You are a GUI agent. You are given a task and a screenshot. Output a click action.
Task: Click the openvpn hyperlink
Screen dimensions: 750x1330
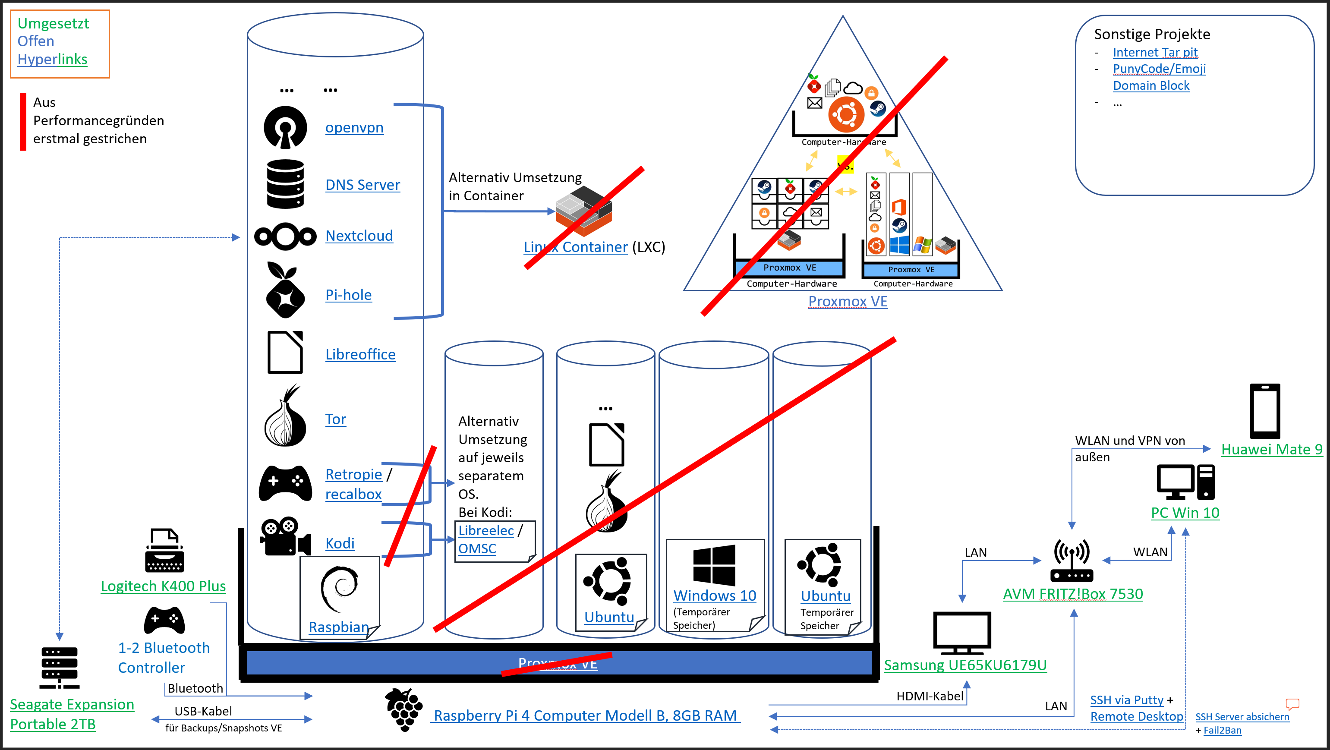[x=354, y=127]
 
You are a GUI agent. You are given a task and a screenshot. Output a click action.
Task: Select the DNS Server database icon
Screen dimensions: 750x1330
[x=285, y=184]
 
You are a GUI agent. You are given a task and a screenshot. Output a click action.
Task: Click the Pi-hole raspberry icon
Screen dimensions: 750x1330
[x=284, y=290]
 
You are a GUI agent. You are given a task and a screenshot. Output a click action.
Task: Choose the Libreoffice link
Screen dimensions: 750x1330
[x=360, y=355]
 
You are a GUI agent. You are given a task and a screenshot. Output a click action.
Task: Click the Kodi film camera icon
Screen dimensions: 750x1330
[x=285, y=537]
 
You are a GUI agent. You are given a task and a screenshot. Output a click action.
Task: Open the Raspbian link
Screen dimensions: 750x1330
[x=338, y=627]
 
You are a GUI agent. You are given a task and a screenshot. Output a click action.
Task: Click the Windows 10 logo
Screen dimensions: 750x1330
[x=714, y=565]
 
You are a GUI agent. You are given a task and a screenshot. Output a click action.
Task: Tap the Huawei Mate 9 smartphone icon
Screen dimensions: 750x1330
[x=1264, y=411]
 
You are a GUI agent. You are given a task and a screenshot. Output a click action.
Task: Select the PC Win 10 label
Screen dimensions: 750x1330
[x=1185, y=513]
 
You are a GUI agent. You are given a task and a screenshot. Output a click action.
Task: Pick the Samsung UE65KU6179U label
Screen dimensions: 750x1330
[x=965, y=665]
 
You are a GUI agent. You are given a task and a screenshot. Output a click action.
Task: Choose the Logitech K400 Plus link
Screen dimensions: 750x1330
[x=163, y=586]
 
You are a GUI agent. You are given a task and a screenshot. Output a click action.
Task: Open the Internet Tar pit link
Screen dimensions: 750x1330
[x=1155, y=53]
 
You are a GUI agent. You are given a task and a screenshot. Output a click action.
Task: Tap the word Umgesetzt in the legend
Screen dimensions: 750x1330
[x=53, y=24]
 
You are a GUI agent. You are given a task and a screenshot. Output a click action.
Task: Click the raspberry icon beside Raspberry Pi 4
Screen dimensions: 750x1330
[x=404, y=710]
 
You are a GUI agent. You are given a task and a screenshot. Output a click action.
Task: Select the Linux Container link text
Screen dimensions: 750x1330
[x=575, y=247]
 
